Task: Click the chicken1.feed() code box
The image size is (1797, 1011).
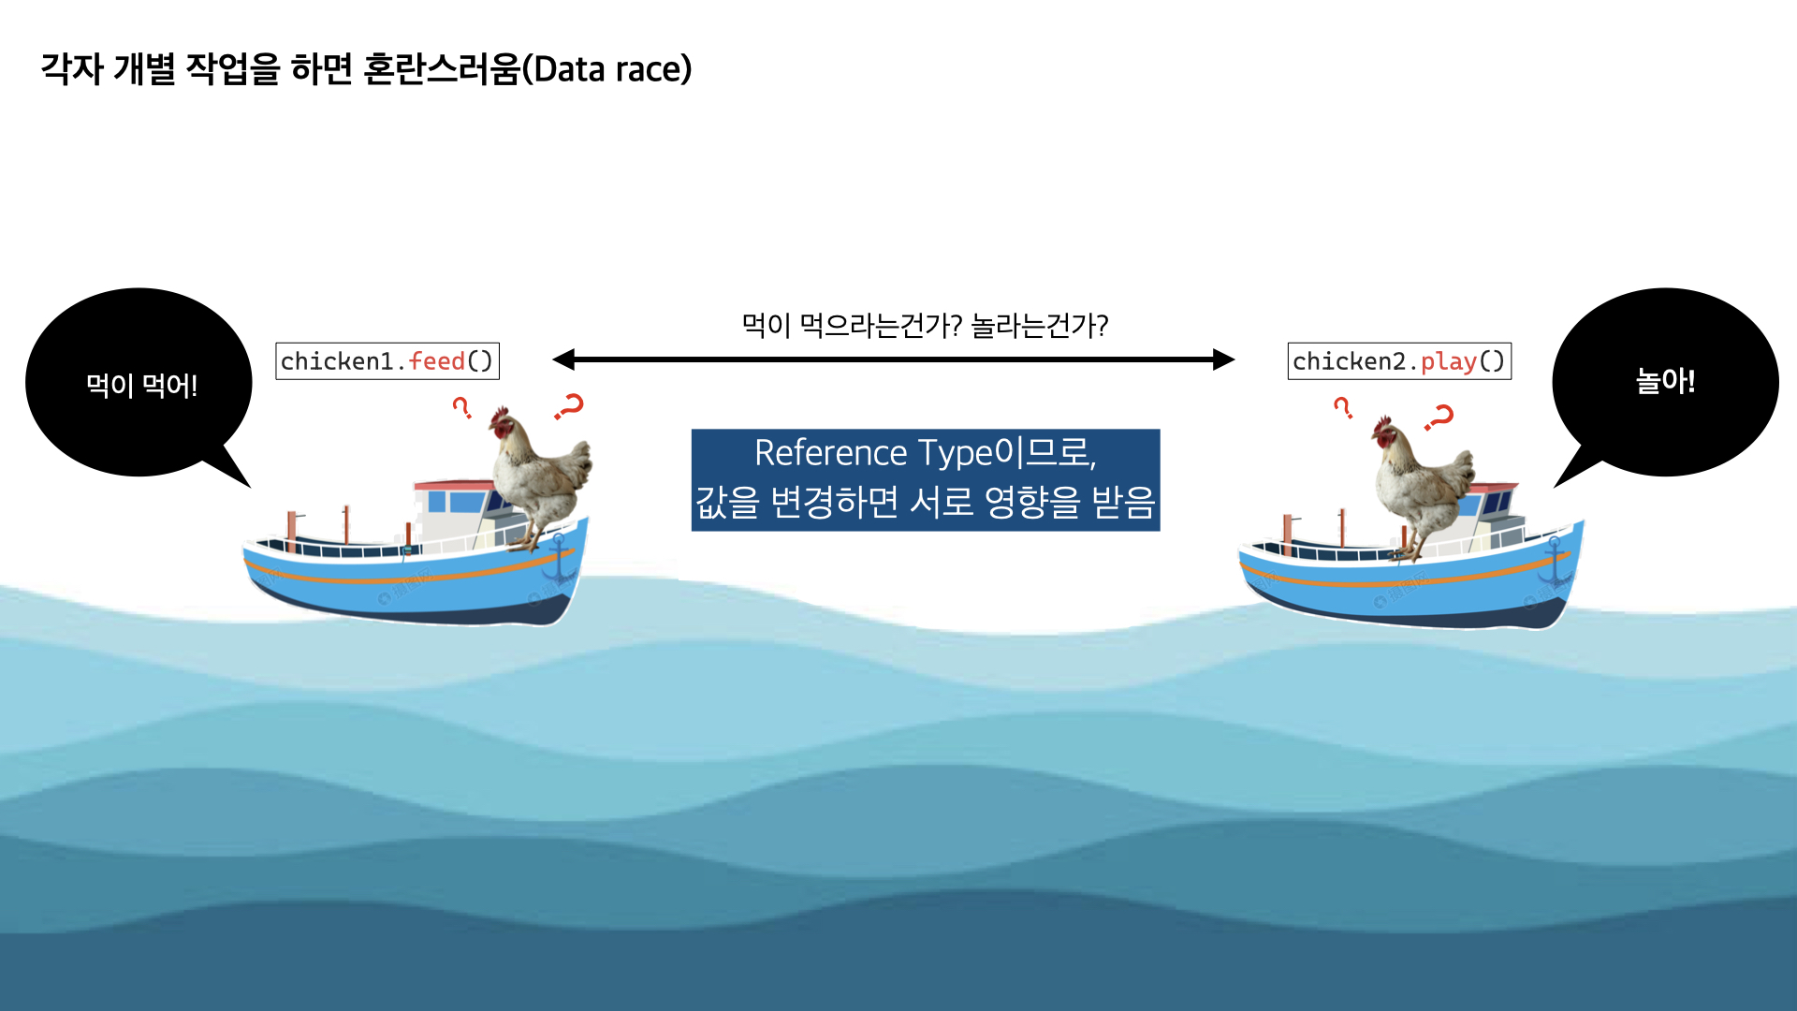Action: click(387, 361)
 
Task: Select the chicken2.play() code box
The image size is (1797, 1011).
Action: click(1399, 361)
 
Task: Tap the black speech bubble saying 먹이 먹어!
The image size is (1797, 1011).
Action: click(139, 383)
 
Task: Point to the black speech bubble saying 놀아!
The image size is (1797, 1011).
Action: click(1665, 381)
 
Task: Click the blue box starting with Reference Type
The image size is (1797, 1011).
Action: click(925, 479)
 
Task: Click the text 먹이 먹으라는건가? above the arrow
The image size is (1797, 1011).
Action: click(851, 326)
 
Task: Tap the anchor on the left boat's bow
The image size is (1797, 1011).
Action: click(560, 559)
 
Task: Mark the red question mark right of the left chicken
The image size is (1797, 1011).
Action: click(569, 406)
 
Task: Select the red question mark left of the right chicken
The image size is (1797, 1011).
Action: click(1342, 407)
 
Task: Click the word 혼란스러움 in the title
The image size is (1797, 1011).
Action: click(440, 69)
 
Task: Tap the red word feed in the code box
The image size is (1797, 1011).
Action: click(437, 361)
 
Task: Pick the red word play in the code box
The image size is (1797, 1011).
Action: click(1448, 361)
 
